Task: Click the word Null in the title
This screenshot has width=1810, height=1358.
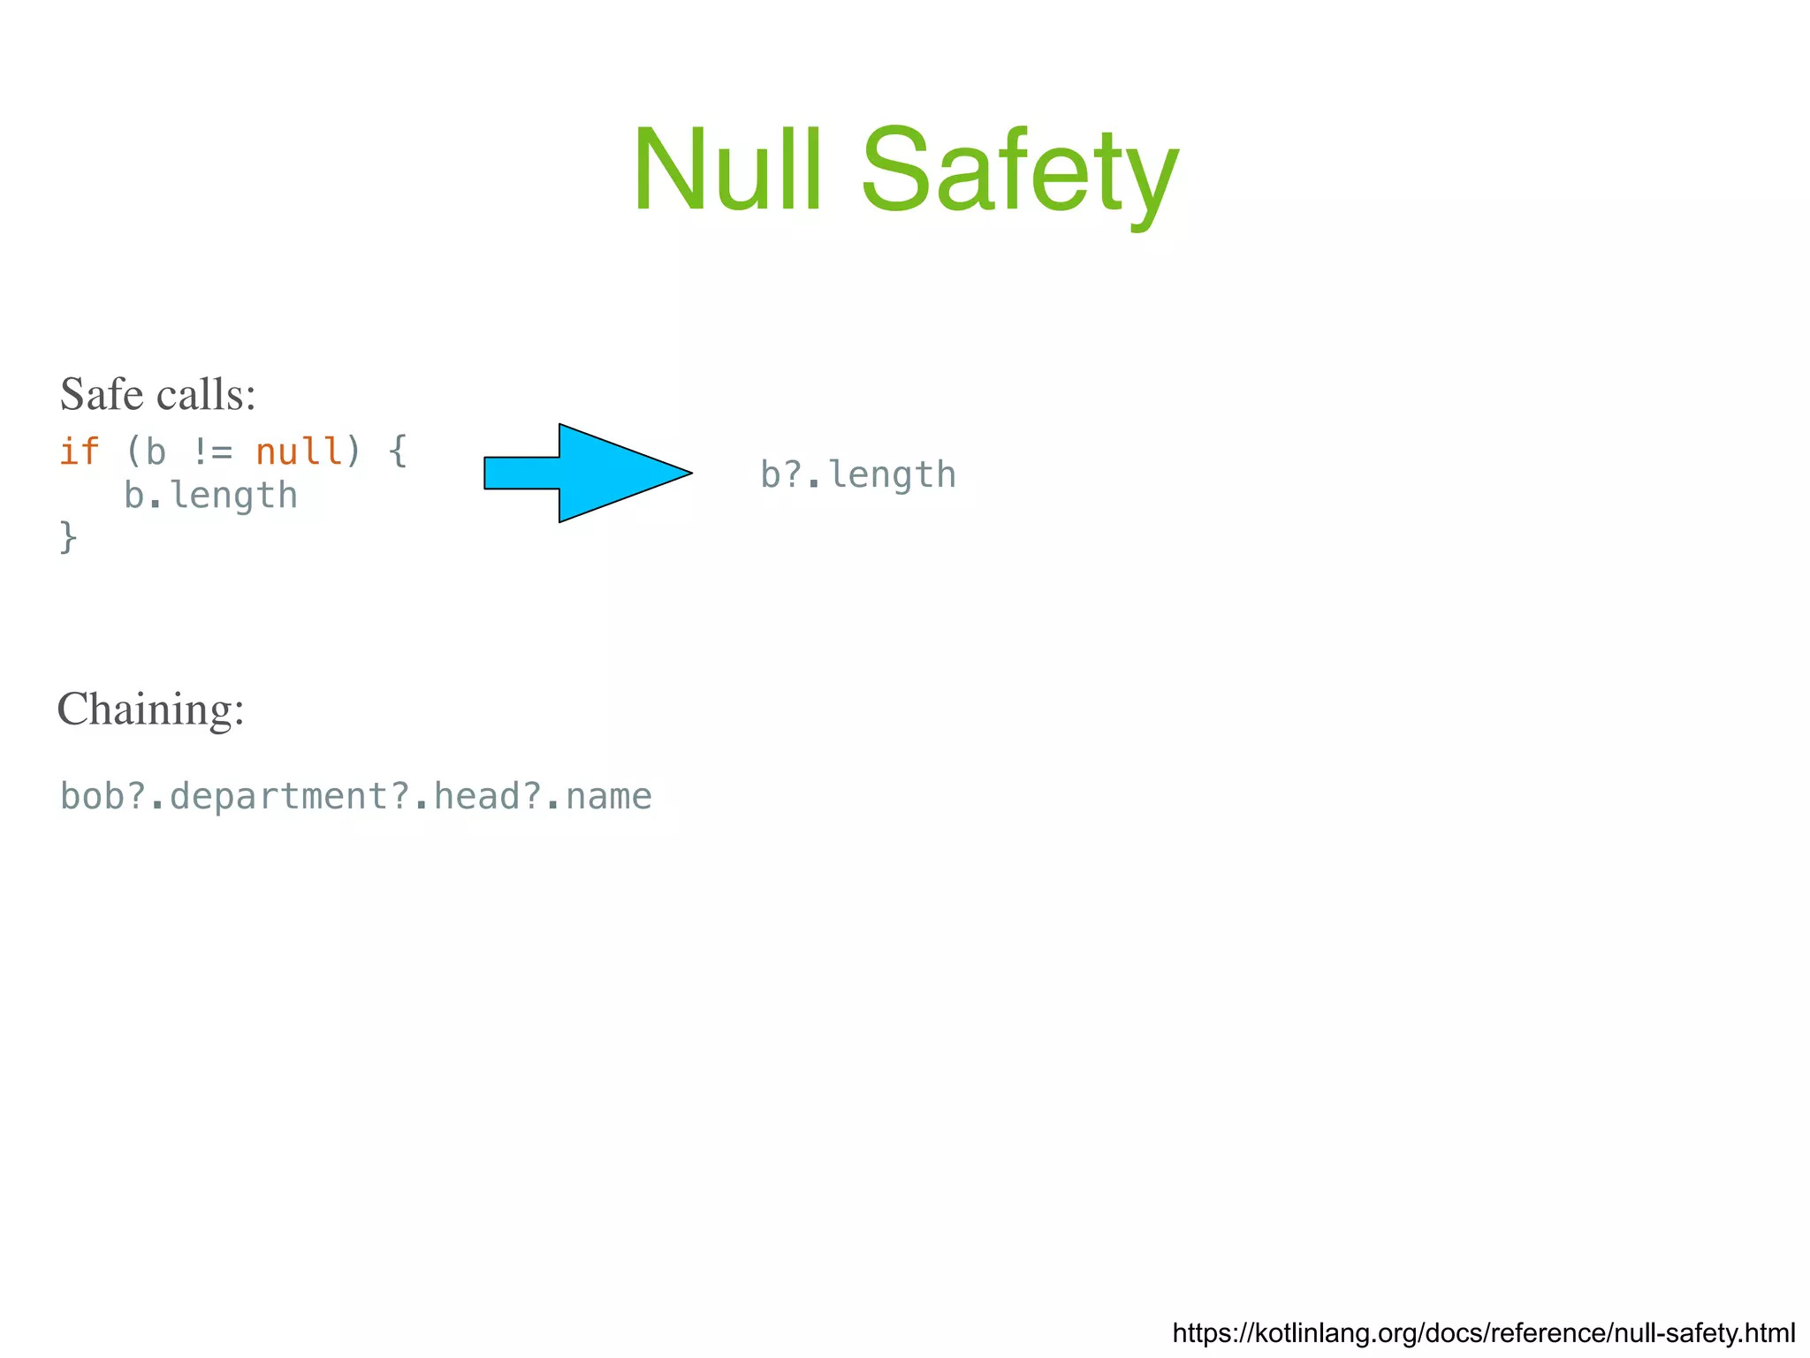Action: (x=727, y=170)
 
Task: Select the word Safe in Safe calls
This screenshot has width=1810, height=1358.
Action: (x=103, y=394)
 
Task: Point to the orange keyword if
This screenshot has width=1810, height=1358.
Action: (x=80, y=451)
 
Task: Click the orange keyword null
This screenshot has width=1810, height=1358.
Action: (x=298, y=451)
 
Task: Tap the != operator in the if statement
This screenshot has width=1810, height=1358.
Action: (x=211, y=451)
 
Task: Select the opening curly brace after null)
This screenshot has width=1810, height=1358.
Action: (x=398, y=451)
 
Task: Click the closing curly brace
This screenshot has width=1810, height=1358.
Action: (x=68, y=536)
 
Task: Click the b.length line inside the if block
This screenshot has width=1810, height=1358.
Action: (x=210, y=496)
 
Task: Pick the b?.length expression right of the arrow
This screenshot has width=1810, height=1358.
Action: (x=858, y=475)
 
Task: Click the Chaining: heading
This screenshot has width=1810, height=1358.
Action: (x=150, y=709)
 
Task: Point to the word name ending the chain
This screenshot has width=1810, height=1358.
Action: (x=608, y=796)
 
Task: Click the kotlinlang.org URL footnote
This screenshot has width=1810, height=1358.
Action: (x=1483, y=1332)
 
